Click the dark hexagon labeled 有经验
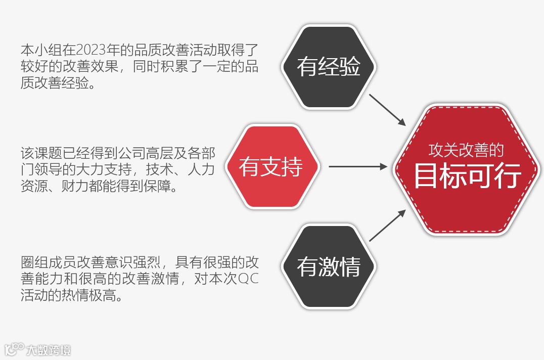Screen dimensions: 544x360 pyautogui.click(x=328, y=67)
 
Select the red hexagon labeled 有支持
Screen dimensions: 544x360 pyautogui.click(x=271, y=167)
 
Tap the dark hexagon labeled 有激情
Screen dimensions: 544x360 pyautogui.click(x=328, y=266)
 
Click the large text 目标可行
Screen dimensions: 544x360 pyautogui.click(x=467, y=176)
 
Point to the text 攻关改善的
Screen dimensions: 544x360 pyautogui.click(x=466, y=150)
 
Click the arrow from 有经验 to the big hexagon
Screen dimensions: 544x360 pyautogui.click(x=387, y=109)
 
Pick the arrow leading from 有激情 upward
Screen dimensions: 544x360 pyautogui.click(x=387, y=225)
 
